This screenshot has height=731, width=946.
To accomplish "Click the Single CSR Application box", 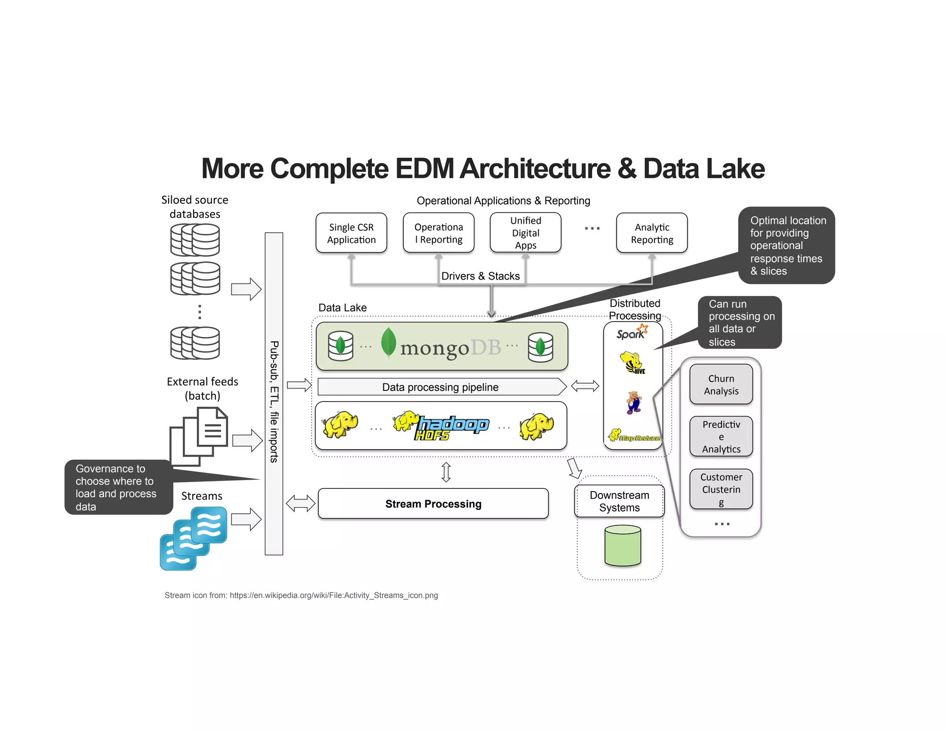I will (351, 233).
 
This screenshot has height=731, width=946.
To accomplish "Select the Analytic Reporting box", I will (651, 233).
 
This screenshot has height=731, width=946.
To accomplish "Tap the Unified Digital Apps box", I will (525, 232).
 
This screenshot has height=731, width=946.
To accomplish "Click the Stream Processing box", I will (433, 504).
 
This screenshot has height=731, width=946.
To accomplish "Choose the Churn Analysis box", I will (721, 384).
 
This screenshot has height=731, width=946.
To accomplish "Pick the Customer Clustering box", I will (721, 489).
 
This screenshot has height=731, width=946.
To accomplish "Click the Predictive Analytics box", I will (721, 437).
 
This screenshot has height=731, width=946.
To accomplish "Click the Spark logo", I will (632, 333).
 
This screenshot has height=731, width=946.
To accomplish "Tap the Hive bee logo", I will (632, 363).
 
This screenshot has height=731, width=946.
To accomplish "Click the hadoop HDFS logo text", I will (450, 427).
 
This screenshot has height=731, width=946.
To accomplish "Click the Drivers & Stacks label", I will (480, 276).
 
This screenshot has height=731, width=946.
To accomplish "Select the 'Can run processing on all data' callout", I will (739, 323).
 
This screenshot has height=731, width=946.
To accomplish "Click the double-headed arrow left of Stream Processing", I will (300, 503).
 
